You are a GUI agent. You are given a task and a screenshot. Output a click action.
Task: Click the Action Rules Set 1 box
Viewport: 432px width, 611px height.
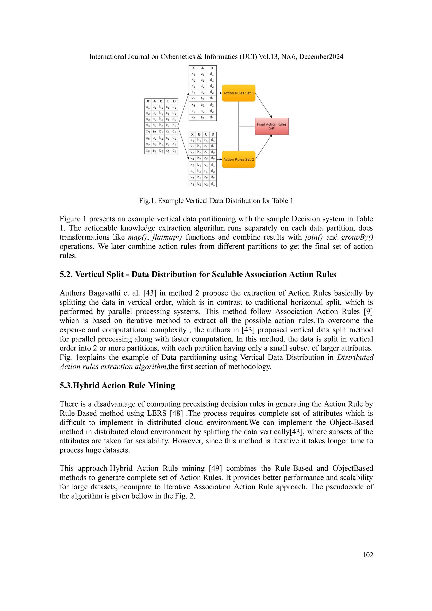coord(239,93)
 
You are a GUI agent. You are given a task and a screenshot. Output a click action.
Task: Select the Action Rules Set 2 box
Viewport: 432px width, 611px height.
coord(239,159)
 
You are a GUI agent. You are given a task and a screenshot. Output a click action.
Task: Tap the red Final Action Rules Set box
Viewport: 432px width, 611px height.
coord(271,126)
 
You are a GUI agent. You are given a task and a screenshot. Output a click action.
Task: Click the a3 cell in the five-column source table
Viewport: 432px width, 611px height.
coord(154,113)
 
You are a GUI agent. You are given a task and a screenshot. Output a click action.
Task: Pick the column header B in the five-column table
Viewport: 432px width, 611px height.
coord(161,101)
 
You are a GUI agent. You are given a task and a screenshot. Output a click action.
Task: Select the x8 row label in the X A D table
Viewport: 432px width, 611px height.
coord(193,117)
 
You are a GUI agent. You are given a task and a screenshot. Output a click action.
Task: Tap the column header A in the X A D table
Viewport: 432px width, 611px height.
coord(202,68)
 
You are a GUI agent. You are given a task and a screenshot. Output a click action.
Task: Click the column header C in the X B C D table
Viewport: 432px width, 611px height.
coord(206,134)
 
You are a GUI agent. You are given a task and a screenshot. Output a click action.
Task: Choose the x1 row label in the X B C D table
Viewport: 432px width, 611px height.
coord(192,140)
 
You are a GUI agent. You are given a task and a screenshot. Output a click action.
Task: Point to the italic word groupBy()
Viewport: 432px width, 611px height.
coord(357,237)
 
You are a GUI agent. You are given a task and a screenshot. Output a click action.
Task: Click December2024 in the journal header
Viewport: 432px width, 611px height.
coord(321,57)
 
